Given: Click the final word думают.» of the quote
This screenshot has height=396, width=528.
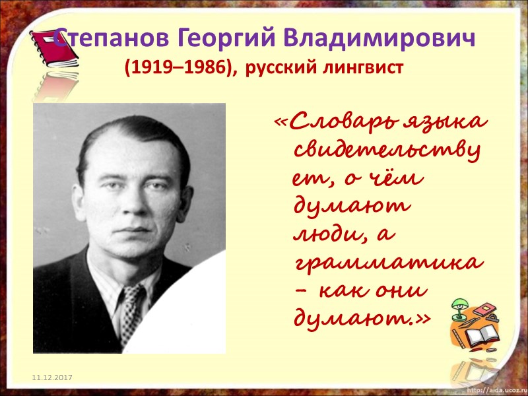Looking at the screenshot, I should coord(360,319).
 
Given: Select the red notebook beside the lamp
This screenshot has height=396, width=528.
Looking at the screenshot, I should coord(485,310).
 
